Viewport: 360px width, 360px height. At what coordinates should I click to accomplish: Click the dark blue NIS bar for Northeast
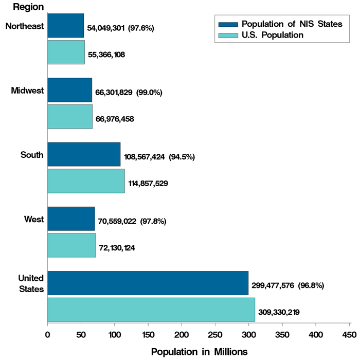pos(65,26)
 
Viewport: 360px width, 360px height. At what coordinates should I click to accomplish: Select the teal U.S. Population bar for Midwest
pos(70,117)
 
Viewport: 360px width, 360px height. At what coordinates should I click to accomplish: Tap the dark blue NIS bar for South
pos(84,154)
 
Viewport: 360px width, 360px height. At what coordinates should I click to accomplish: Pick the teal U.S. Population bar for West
pos(71,245)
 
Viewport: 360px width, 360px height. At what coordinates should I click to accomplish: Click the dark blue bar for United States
pos(148,283)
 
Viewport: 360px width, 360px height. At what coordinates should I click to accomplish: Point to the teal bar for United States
pos(151,310)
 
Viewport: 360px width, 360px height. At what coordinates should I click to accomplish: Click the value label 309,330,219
pos(279,312)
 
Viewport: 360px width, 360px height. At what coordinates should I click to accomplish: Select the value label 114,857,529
pos(148,183)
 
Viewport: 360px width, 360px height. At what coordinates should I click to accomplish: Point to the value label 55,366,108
pos(106,54)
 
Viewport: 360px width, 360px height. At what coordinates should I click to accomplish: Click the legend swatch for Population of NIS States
pos(228,25)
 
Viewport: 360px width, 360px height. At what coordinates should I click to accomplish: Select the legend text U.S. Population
pos(273,35)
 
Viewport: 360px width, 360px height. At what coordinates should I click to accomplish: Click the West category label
pos(33,220)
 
